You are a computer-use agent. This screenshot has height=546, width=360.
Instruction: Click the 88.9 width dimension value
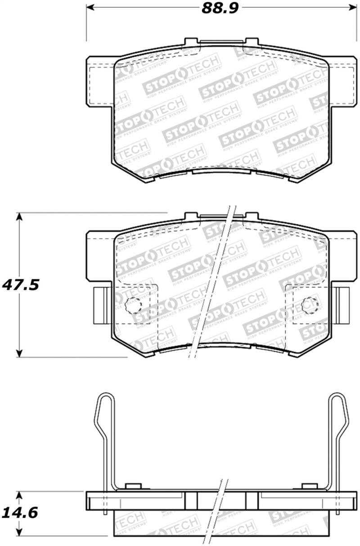click(x=219, y=9)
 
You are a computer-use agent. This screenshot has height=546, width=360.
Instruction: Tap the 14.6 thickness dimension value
click(x=20, y=512)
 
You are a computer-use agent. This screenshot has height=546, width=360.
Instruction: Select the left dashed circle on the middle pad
click(x=133, y=306)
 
